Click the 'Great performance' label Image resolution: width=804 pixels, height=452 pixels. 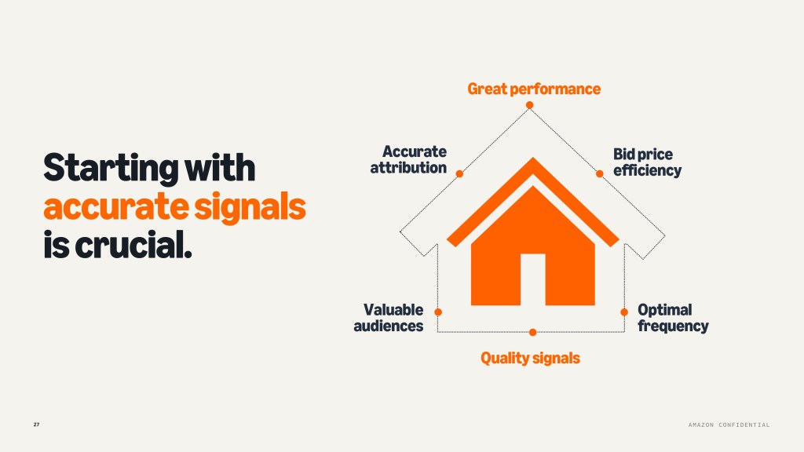534,89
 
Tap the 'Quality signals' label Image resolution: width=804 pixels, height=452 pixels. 530,358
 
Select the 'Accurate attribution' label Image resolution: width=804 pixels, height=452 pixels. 408,159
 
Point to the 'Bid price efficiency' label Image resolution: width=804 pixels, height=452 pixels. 647,162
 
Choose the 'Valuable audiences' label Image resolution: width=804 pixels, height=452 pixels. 389,318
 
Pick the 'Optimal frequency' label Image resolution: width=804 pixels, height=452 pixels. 673,318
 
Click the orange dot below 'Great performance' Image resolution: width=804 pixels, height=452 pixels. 530,105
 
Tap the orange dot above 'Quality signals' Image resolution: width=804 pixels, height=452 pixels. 533,332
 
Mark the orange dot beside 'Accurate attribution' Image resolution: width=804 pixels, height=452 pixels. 459,173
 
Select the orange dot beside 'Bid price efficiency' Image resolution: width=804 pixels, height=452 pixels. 599,173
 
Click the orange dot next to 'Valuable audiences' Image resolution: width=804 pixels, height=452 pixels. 438,312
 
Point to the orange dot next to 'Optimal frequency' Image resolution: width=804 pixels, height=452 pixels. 624,312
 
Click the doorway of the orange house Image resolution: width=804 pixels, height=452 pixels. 533,279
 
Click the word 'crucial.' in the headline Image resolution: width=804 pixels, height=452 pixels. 133,245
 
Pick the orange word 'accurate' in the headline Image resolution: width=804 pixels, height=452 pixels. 116,207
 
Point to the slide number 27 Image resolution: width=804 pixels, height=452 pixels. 36,425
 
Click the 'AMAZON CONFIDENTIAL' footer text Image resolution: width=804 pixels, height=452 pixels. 729,425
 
